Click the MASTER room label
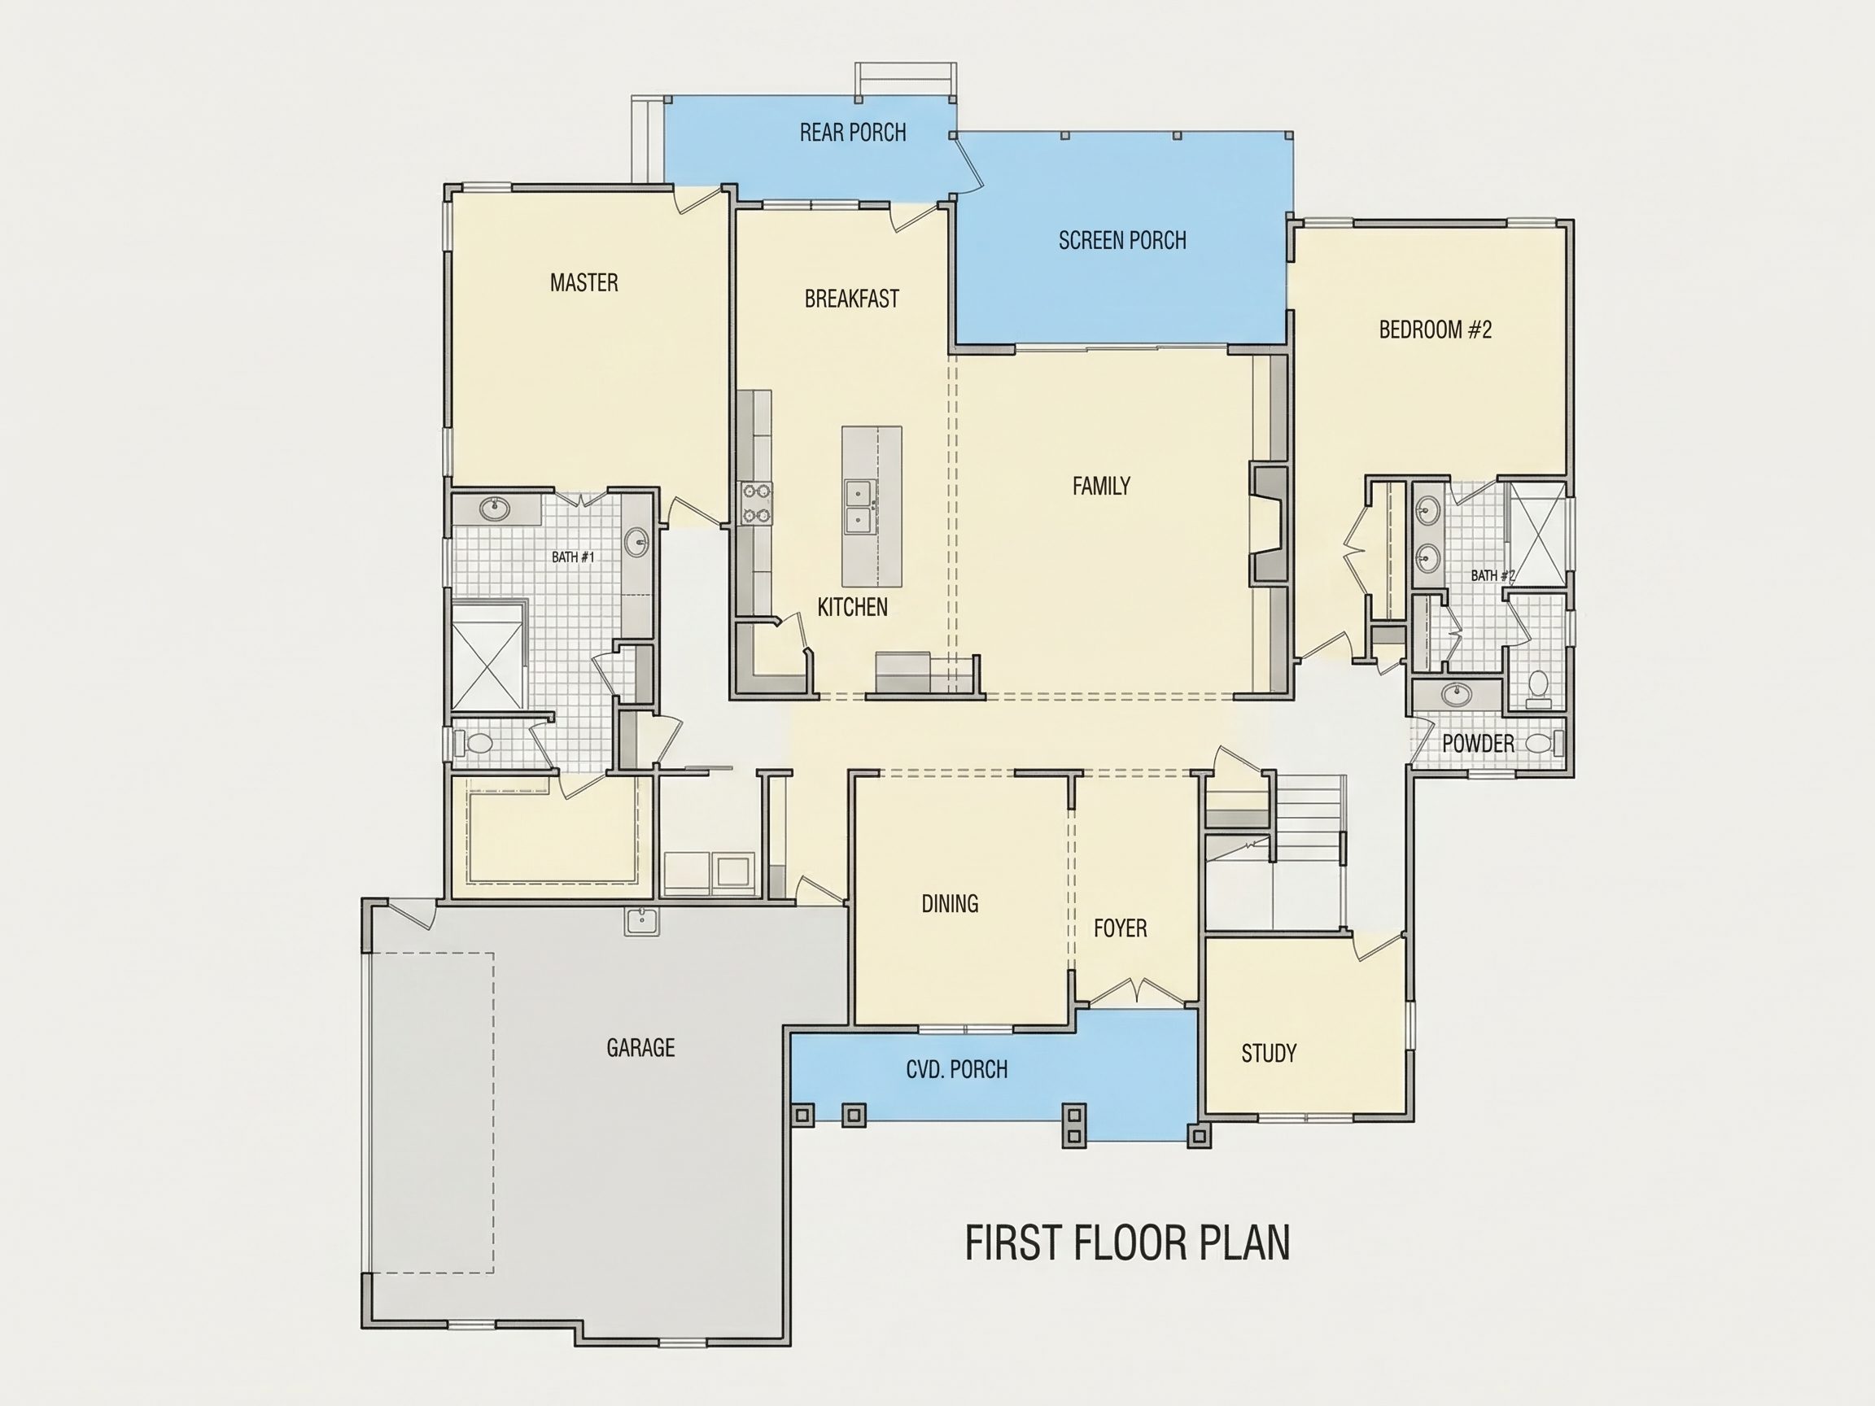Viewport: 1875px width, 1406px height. (x=584, y=282)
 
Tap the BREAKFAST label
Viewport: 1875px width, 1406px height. (x=852, y=299)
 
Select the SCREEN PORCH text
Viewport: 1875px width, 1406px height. (x=1122, y=241)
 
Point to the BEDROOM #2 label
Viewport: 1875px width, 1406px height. (x=1435, y=330)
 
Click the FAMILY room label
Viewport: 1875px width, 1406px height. (x=1101, y=486)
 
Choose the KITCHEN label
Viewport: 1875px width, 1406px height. (x=853, y=607)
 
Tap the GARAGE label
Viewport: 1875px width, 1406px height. (x=640, y=1048)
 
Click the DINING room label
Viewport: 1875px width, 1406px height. (x=951, y=903)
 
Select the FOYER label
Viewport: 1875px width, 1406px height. (x=1121, y=928)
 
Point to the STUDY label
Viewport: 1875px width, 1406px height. (x=1269, y=1054)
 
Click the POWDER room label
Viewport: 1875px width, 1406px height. (x=1479, y=743)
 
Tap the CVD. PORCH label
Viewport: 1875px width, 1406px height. (x=957, y=1069)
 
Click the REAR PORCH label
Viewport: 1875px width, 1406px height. (x=853, y=132)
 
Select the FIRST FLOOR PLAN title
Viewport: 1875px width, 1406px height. (x=1127, y=1242)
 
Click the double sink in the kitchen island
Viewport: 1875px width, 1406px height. (x=860, y=506)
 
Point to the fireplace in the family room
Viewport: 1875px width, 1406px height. (x=1268, y=524)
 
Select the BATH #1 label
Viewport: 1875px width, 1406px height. (x=573, y=557)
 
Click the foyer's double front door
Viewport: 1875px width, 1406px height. (x=1138, y=992)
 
